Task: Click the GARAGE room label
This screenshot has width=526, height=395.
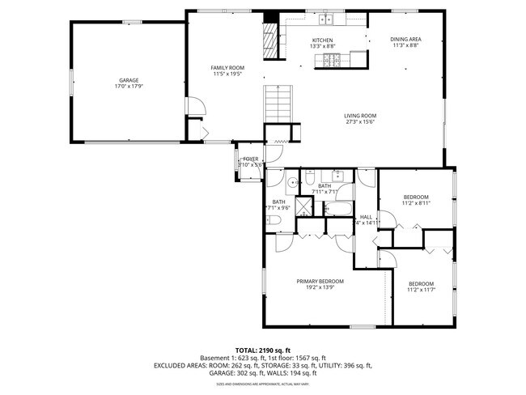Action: pyautogui.click(x=129, y=80)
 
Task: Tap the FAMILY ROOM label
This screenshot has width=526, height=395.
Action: pyautogui.click(x=227, y=68)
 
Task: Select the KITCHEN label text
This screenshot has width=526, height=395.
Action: pyautogui.click(x=322, y=40)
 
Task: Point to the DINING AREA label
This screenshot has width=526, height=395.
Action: pyautogui.click(x=405, y=40)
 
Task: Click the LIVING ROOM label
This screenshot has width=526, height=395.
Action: pyautogui.click(x=360, y=116)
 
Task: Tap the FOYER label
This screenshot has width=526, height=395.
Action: pyautogui.click(x=251, y=159)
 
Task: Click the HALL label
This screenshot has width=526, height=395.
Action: pyautogui.click(x=366, y=217)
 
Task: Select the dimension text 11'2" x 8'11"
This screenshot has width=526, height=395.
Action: pyautogui.click(x=416, y=204)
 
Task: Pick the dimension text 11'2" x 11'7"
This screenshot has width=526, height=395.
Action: pyautogui.click(x=421, y=289)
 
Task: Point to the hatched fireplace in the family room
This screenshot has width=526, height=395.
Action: pyautogui.click(x=270, y=36)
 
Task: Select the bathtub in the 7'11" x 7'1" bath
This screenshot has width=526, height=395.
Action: pyautogui.click(x=338, y=210)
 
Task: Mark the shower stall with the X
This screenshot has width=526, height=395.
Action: pyautogui.click(x=305, y=206)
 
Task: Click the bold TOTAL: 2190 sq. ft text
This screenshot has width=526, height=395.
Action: pyautogui.click(x=262, y=350)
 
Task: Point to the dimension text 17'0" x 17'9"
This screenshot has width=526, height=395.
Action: pyautogui.click(x=129, y=87)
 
